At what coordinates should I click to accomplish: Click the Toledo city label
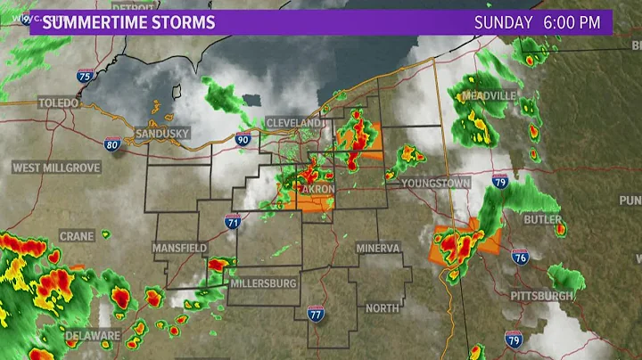coord(59,103)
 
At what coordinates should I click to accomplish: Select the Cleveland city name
coord(293,122)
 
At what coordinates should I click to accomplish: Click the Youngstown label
coord(435,183)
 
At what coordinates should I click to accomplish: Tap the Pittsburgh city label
coord(542,295)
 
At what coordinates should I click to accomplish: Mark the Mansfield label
coord(179,247)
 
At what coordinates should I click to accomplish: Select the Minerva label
coord(378,248)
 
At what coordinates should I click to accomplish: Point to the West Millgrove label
coord(55,168)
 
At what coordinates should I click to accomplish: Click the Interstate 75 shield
coord(83,76)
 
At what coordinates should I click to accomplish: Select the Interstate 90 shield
coord(243,139)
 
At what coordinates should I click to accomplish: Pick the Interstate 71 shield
coord(233,222)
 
